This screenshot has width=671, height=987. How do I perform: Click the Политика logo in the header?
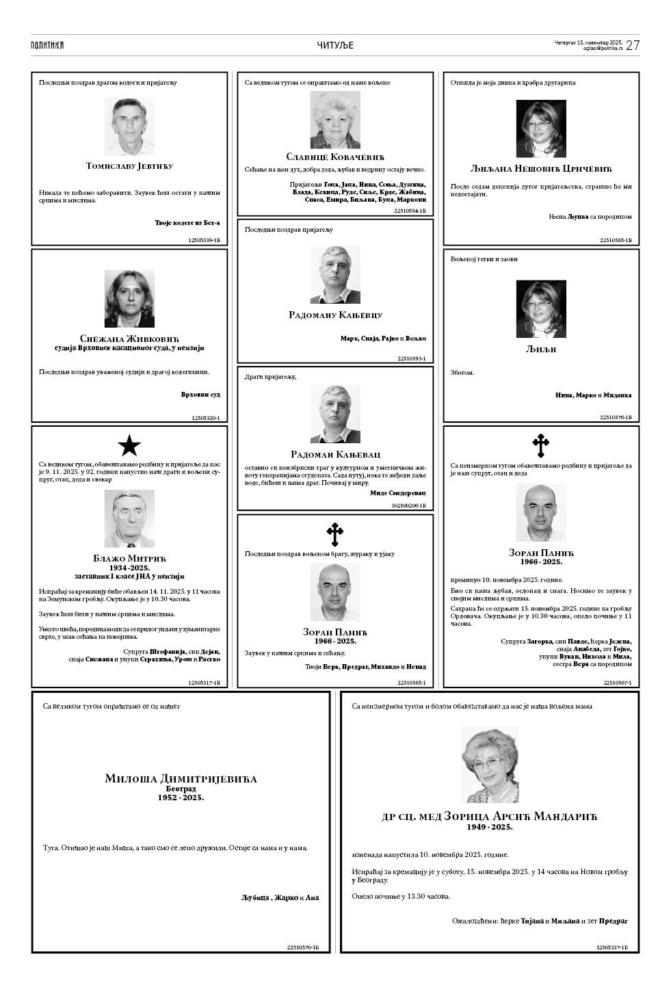[x=47, y=45]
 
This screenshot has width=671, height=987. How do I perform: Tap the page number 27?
[x=633, y=45]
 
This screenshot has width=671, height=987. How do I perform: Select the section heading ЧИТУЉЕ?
[x=335, y=46]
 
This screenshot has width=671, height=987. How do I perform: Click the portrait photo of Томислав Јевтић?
[x=129, y=127]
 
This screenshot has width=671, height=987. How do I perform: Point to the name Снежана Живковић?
[x=129, y=339]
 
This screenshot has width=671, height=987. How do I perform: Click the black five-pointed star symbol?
[x=129, y=446]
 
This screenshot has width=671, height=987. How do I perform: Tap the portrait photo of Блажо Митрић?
[x=129, y=518]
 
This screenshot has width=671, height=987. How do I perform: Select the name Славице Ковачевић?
[x=335, y=157]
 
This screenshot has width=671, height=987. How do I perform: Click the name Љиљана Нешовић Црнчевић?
[x=541, y=169]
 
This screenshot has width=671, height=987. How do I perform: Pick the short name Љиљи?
[x=541, y=349]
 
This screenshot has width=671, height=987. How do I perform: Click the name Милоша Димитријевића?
[x=181, y=778]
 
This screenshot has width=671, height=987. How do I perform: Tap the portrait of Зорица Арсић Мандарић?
[x=490, y=764]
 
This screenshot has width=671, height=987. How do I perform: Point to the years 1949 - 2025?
[x=490, y=827]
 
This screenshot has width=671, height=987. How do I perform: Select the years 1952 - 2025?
[x=181, y=798]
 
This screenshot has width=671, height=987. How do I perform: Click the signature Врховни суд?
[x=200, y=395]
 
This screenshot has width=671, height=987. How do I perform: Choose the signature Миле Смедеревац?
[x=397, y=492]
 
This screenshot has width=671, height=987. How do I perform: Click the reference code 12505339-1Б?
[x=205, y=240]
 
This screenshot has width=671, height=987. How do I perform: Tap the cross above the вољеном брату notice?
[x=334, y=533]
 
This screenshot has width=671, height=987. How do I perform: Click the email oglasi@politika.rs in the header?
[x=603, y=49]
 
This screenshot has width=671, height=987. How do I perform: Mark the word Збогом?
[x=462, y=373]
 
